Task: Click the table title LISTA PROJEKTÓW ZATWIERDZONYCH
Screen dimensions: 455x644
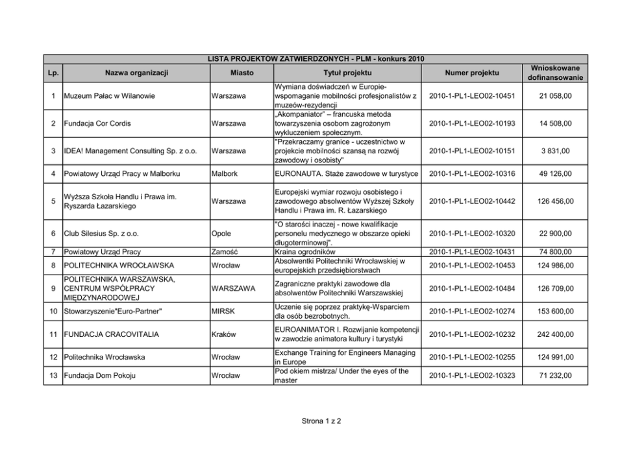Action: click(316, 59)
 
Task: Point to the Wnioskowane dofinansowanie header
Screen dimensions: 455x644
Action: click(554, 73)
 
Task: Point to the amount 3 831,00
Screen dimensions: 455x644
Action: click(554, 151)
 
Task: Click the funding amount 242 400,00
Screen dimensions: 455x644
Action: click(554, 334)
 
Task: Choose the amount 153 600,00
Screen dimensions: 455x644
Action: click(554, 312)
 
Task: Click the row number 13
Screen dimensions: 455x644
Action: click(53, 376)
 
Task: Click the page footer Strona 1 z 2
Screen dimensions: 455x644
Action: click(321, 421)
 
